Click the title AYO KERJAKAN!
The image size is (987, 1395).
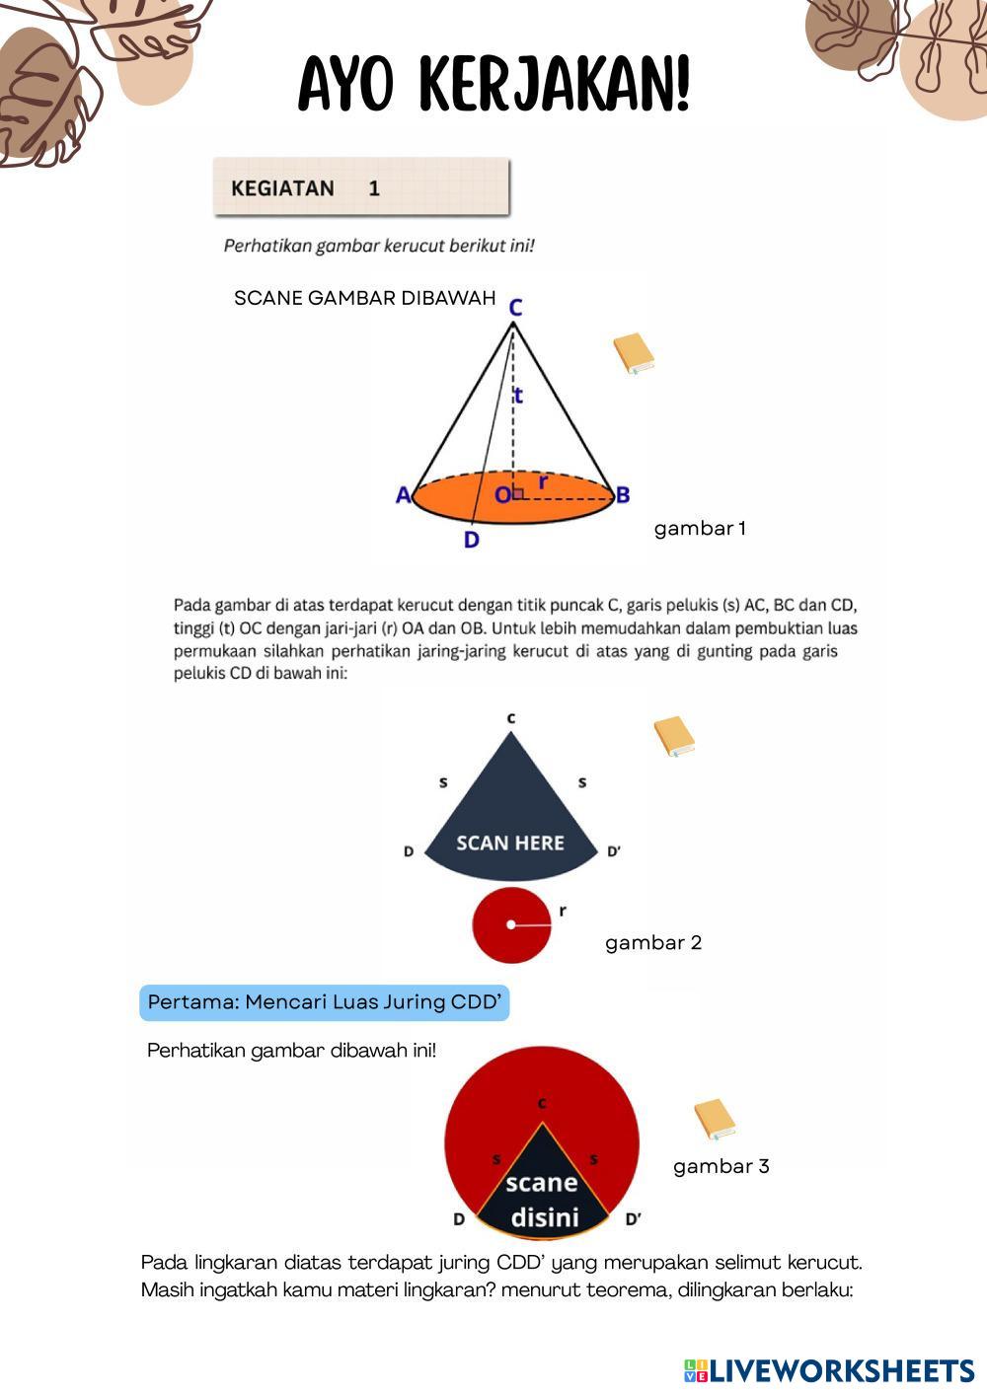coord(493,86)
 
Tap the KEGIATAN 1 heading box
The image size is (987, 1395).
coord(360,187)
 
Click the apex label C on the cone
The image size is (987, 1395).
coord(515,308)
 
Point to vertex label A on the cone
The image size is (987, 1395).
coord(403,495)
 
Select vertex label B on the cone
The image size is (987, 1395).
coord(623,495)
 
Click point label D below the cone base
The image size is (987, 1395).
coord(471,541)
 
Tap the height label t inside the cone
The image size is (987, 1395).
coord(518,397)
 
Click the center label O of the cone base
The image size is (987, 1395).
coord(502,495)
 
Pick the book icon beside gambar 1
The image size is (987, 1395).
coord(634,354)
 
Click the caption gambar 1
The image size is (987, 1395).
coord(700,529)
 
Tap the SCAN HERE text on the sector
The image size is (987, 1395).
coord(510,844)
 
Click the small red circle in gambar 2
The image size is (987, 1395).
coord(510,924)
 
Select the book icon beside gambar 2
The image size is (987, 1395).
coord(674,737)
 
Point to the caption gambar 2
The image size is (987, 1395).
coord(653,943)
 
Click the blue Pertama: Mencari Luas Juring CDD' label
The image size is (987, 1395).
coord(325,1002)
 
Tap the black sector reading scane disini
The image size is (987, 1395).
coord(542,1194)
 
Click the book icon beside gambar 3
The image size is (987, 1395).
coord(715,1120)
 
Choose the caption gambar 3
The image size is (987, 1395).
coord(721,1167)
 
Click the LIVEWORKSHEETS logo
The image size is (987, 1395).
coord(829,1370)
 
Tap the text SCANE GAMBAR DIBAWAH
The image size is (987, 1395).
coord(364,299)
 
